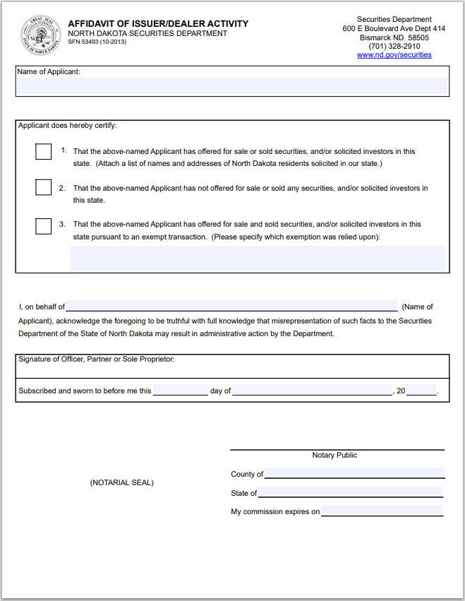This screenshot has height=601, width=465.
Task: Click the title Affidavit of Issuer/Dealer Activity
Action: (158, 23)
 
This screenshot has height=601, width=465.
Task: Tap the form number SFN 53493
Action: (97, 42)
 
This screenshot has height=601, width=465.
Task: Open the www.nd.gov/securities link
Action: (394, 54)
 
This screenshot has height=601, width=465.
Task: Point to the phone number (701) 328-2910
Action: (394, 46)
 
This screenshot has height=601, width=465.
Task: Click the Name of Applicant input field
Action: (232, 86)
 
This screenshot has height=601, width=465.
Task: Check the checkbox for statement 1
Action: (44, 151)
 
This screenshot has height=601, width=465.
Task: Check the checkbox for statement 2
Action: (44, 187)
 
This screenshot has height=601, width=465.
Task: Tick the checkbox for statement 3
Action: (44, 226)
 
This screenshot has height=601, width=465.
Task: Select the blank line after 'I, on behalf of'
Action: (231, 307)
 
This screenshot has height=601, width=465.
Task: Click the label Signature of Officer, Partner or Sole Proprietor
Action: (97, 359)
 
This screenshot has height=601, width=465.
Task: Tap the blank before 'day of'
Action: (180, 391)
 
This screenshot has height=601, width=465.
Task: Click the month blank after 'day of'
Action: (312, 391)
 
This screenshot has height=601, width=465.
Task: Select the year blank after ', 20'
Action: (421, 391)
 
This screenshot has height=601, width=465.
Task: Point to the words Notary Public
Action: (334, 456)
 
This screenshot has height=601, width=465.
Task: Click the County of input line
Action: (354, 473)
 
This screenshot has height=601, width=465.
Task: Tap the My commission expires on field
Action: (382, 511)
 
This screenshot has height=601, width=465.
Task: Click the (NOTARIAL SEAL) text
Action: (121, 482)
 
